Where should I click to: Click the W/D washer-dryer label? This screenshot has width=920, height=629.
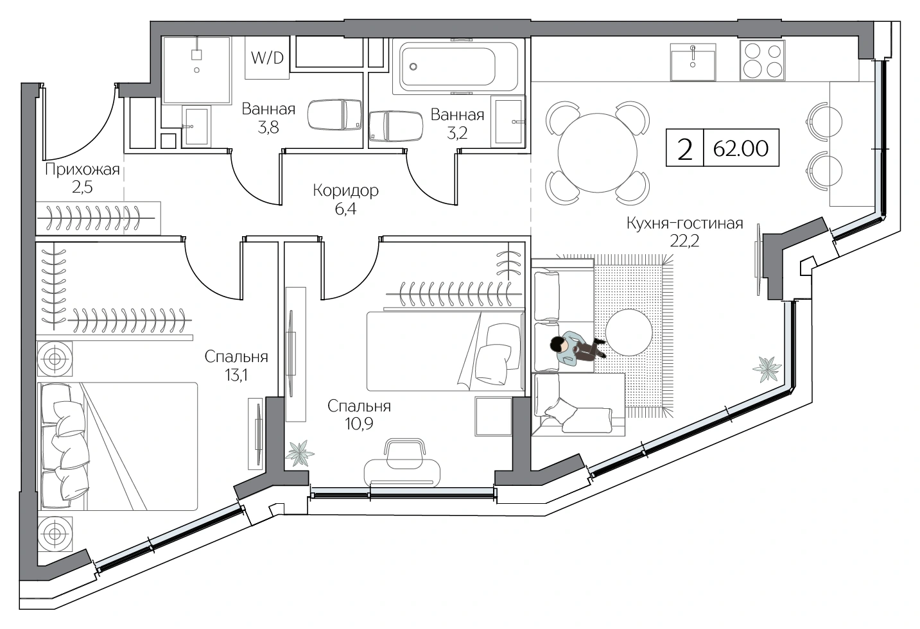pyautogui.click(x=267, y=58)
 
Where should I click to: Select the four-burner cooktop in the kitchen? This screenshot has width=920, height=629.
pyautogui.click(x=763, y=60)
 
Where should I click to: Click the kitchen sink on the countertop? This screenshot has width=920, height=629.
pyautogui.click(x=693, y=62)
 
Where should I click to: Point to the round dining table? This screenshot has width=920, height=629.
pyautogui.click(x=598, y=153)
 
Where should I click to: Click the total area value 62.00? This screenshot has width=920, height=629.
pyautogui.click(x=740, y=149)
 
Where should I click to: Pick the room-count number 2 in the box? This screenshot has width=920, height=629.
pyautogui.click(x=684, y=150)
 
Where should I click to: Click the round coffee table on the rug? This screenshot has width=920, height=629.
pyautogui.click(x=629, y=332)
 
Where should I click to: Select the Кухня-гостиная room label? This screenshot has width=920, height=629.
pyautogui.click(x=684, y=223)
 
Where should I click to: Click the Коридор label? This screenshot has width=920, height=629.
pyautogui.click(x=345, y=191)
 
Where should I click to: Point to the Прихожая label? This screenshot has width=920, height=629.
pyautogui.click(x=82, y=169)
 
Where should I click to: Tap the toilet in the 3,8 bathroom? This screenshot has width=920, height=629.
pyautogui.click(x=334, y=114)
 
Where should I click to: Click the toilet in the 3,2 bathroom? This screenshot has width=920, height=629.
pyautogui.click(x=395, y=126)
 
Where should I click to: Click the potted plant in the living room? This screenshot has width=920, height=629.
pyautogui.click(x=767, y=369)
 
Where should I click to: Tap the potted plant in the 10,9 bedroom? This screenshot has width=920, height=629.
pyautogui.click(x=299, y=453)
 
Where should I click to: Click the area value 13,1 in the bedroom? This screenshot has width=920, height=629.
pyautogui.click(x=236, y=375)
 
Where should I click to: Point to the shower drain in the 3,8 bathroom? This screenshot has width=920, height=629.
pyautogui.click(x=196, y=70)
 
